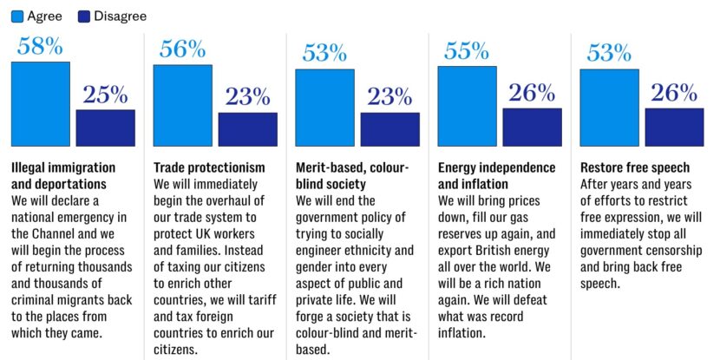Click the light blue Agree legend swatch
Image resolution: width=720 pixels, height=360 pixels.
(x=16, y=16)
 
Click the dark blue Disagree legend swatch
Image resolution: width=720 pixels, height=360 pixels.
(x=84, y=16)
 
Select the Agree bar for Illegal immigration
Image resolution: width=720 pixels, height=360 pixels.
(x=40, y=104)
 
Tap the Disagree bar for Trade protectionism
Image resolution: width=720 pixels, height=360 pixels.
(x=247, y=129)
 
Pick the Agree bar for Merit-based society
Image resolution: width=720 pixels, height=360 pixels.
(x=324, y=108)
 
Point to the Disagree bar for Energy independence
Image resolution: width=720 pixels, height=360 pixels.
(x=532, y=127)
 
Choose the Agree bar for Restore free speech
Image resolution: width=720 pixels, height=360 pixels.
(x=609, y=108)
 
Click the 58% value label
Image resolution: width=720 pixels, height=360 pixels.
(x=40, y=47)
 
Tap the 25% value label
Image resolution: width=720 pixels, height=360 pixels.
(x=105, y=95)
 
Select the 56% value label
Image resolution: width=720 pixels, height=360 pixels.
(x=182, y=49)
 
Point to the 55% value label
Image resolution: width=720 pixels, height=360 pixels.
(x=467, y=51)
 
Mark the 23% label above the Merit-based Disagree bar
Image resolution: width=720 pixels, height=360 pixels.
(x=389, y=97)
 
